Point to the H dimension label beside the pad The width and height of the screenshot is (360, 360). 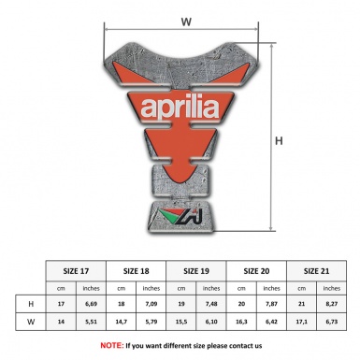coord(278,141)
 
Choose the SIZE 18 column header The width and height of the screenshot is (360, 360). coord(139,269)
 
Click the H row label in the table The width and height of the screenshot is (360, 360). coord(33,304)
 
